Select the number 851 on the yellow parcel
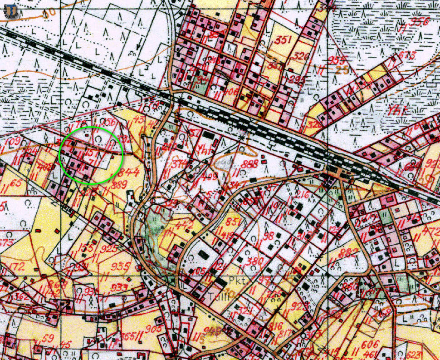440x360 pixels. click(x=232, y=222)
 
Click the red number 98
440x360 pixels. click(x=269, y=236)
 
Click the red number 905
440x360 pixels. click(x=155, y=329)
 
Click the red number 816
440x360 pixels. click(x=275, y=326)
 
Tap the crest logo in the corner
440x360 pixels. click(x=10, y=10)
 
